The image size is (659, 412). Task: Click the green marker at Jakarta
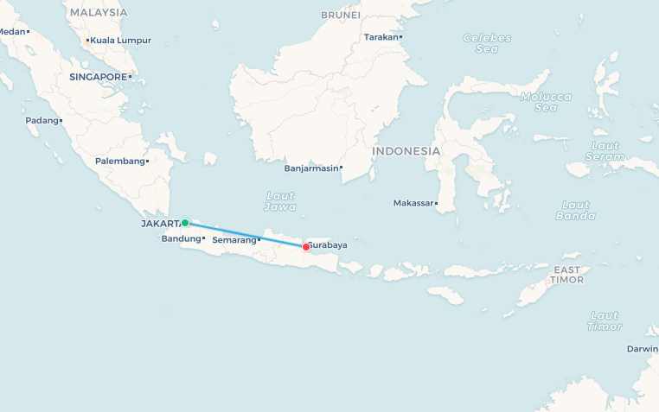pyautogui.click(x=185, y=223)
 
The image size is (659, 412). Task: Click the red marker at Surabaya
pyautogui.click(x=305, y=247)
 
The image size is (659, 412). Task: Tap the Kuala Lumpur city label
pyautogui.click(x=120, y=40)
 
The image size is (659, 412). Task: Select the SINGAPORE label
pyautogui.click(x=99, y=77)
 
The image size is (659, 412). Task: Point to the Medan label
pyautogui.click(x=12, y=32)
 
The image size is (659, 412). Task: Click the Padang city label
pyautogui.click(x=41, y=121)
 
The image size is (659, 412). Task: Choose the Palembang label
pyautogui.click(x=120, y=162)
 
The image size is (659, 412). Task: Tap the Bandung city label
pyautogui.click(x=182, y=238)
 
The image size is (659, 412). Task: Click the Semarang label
pyautogui.click(x=234, y=240)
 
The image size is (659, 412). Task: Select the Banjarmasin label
pyautogui.click(x=311, y=168)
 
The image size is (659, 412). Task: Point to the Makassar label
pyautogui.click(x=413, y=203)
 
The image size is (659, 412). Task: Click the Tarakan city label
pyautogui.click(x=381, y=37)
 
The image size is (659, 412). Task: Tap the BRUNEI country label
pyautogui.click(x=340, y=16)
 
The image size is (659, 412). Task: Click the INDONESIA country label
pyautogui.click(x=406, y=151)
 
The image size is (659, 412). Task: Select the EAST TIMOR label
pyautogui.click(x=567, y=275)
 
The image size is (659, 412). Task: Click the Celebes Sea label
pyautogui.click(x=487, y=43)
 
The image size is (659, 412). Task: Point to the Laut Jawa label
pyautogui.click(x=281, y=201)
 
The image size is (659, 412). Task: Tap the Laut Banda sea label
pyautogui.click(x=575, y=210)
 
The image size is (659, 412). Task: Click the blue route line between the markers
pyautogui.click(x=246, y=235)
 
